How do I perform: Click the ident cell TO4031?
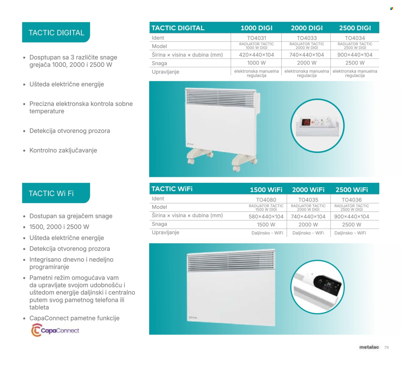click(256, 38)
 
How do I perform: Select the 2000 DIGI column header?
click(307, 28)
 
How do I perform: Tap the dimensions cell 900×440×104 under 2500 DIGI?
click(355, 55)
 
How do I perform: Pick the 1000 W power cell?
click(256, 63)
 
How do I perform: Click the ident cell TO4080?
click(266, 200)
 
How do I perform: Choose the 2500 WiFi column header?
click(352, 190)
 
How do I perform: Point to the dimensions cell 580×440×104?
click(266, 216)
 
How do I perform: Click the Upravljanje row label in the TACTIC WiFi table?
click(166, 232)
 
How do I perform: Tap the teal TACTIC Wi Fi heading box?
click(56, 193)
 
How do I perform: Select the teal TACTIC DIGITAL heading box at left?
click(56, 32)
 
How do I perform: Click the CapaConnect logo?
click(55, 330)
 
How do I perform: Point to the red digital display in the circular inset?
click(306, 122)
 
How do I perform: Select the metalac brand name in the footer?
click(369, 347)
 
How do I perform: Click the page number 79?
click(387, 347)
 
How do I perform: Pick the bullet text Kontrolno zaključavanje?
click(63, 150)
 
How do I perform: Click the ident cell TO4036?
click(352, 200)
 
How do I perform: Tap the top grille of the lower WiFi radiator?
click(231, 261)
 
